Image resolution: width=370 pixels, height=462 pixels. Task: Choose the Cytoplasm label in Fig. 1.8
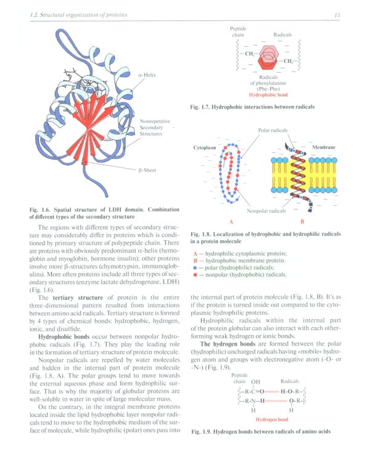coord(205,148)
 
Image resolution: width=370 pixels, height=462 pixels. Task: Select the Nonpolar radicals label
coord(266,211)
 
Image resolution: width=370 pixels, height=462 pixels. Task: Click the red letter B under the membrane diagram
coord(302,221)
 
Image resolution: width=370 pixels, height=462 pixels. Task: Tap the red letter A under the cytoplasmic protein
coord(231,221)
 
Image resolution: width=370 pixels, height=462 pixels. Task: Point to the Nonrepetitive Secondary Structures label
coord(155,127)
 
